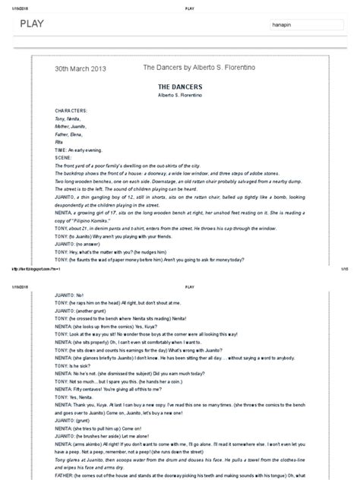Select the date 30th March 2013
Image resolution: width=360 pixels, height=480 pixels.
[81, 68]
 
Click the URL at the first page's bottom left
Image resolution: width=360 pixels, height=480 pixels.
[33, 267]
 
